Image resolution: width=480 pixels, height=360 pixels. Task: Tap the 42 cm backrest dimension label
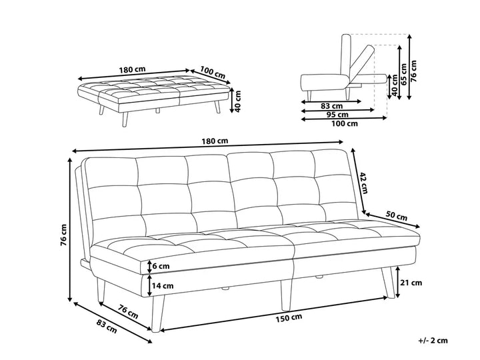pos(364,180)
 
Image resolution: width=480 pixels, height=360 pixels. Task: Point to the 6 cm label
pos(161,266)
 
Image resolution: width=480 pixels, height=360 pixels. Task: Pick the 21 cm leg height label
pos(412,283)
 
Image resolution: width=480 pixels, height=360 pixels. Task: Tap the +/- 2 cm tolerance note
pos(433,341)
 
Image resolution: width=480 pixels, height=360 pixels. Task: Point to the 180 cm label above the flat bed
pos(133,69)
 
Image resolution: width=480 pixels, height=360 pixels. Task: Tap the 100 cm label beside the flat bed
pos(213,72)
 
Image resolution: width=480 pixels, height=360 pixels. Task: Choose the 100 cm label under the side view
pos(344,123)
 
